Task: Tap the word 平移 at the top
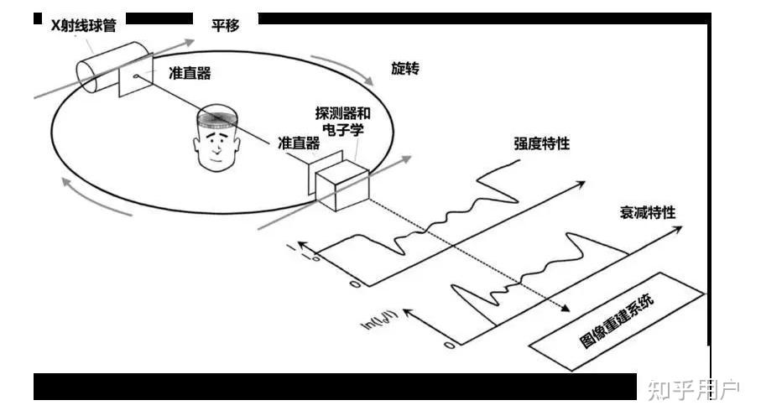tap(226, 26)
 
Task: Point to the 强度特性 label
tap(542, 143)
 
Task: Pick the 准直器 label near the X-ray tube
tap(189, 73)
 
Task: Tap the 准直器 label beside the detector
tap(296, 143)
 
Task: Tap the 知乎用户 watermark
tap(693, 389)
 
